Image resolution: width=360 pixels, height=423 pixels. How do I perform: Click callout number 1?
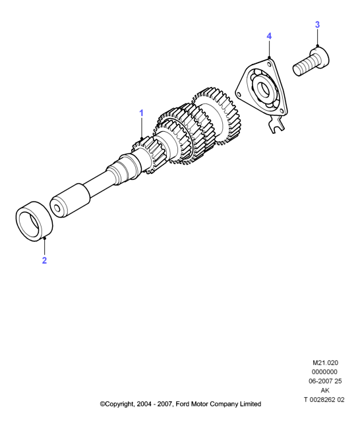141,113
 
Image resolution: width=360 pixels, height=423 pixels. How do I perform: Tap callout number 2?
45,260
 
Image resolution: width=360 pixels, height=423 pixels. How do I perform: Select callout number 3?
317,24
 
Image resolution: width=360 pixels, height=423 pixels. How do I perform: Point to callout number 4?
269,36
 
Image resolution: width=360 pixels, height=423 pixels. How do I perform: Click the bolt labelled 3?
311,62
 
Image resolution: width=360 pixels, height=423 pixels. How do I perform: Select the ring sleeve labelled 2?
34,221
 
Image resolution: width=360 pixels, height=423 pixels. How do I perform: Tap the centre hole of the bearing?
263,88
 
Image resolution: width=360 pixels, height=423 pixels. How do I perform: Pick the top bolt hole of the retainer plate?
268,64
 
